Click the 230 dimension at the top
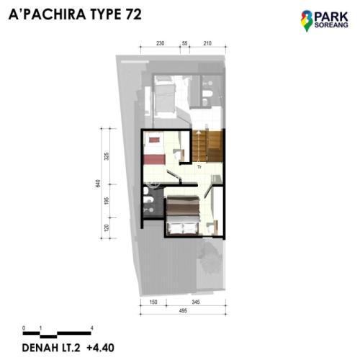click(x=161, y=43)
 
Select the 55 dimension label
click(x=184, y=43)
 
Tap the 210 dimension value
click(x=207, y=43)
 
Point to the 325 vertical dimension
click(x=107, y=156)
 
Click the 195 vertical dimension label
click(x=107, y=201)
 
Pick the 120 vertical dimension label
click(x=107, y=228)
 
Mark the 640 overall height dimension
click(x=98, y=184)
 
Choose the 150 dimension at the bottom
click(x=153, y=302)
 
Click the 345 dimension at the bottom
click(x=196, y=302)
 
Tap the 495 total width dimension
click(x=183, y=311)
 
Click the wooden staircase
click(x=207, y=146)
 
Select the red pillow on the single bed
click(x=153, y=140)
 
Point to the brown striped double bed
click(x=183, y=215)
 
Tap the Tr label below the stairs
click(x=199, y=166)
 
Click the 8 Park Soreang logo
click(x=325, y=21)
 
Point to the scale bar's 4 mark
click(x=92, y=328)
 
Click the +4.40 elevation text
click(x=100, y=348)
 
